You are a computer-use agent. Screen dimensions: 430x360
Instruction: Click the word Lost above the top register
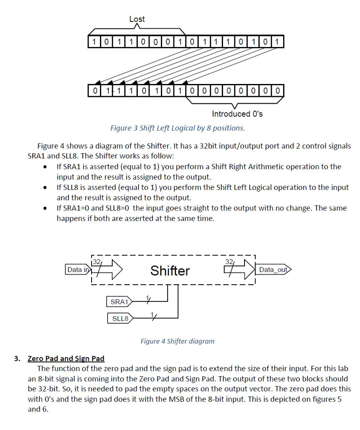click(137, 19)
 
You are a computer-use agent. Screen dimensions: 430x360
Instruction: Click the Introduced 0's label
click(237, 114)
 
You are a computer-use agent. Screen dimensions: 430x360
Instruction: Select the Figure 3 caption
click(177, 128)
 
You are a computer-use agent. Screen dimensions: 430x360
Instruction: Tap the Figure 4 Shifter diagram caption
click(177, 341)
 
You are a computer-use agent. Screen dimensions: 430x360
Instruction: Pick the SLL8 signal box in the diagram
click(120, 318)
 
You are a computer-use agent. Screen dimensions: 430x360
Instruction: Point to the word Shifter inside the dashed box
click(170, 270)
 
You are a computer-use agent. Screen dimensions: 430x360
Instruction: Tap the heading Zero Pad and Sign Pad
click(66, 359)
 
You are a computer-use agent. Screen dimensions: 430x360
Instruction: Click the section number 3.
click(16, 359)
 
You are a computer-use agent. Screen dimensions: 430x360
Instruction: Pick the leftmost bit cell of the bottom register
click(95, 90)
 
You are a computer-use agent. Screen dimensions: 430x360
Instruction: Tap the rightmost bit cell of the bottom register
click(277, 90)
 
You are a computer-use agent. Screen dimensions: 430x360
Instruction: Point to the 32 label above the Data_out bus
click(229, 261)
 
